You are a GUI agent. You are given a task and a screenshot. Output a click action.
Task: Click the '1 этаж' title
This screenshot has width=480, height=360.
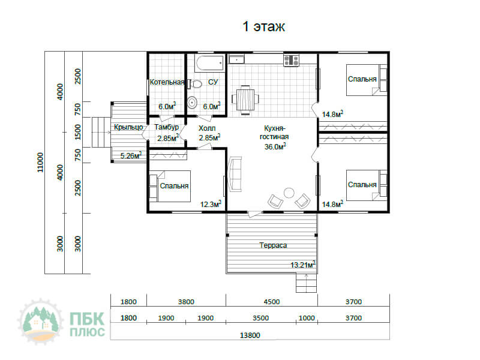coord(263,26)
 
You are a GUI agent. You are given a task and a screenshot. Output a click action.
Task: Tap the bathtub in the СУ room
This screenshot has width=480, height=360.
coord(210,63)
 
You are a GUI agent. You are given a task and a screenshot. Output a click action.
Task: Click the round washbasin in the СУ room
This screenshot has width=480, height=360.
coord(192,103)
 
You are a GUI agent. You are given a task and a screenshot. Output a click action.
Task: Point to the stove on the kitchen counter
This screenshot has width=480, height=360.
coord(291,61)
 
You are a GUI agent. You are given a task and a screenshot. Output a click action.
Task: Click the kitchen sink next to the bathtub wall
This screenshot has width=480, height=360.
coord(236,59)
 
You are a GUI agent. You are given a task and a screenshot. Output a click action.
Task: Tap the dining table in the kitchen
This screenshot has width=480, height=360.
coord(245,100)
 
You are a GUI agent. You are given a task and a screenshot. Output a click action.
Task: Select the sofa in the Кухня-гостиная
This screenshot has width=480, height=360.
coord(235,175)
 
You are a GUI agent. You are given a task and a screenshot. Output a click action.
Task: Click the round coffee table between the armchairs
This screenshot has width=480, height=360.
coord(289,193)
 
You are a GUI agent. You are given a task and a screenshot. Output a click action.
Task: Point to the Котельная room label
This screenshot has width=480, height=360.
coord(167,82)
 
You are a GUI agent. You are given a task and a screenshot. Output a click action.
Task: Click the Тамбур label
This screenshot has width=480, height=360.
coord(166,127)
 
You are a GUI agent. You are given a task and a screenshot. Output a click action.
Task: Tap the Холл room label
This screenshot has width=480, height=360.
coord(206,128)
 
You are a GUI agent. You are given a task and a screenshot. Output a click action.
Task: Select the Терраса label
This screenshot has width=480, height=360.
coord(273,245)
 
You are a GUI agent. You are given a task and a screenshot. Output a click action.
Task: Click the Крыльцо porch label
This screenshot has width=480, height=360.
coord(128,127)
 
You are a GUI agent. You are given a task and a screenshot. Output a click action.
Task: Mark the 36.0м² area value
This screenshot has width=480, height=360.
coord(275,146)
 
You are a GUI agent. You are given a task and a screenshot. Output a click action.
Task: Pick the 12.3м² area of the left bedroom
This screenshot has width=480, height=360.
coord(211,204)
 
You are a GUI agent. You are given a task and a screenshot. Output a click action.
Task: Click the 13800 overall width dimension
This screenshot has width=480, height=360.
coord(250,335)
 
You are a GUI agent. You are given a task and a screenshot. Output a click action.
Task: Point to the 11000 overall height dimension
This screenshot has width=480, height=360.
coord(40,162)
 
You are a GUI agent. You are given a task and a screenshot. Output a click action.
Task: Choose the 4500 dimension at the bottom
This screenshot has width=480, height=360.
coord(272,302)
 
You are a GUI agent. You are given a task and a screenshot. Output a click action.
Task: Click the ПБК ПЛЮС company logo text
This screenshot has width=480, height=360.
coord(87,324)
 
